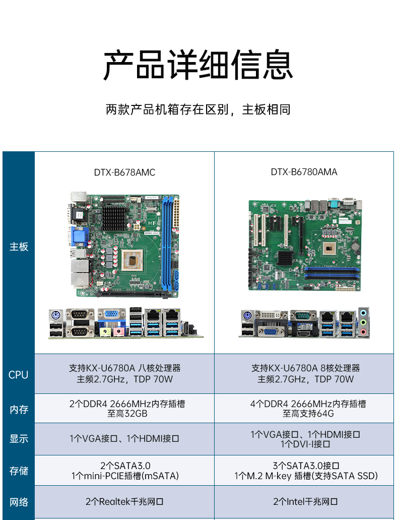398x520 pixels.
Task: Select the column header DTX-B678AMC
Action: [124, 172]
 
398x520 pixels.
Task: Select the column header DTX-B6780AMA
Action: [304, 172]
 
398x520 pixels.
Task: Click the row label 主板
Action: [19, 247]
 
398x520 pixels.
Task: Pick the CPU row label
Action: [19, 375]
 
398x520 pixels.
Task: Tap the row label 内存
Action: [19, 410]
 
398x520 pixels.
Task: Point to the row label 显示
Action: [19, 439]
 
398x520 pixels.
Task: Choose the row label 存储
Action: [19, 471]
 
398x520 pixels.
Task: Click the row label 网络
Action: [19, 502]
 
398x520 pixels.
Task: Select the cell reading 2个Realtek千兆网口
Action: [124, 502]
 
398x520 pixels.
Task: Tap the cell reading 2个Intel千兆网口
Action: [305, 502]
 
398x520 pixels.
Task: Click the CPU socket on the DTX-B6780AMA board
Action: [331, 247]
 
